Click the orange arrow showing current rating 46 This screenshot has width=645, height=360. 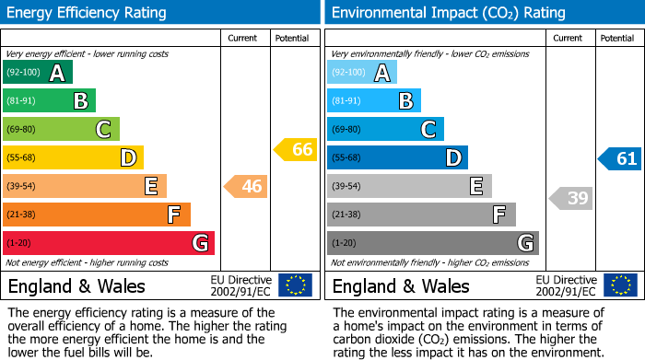[246, 187]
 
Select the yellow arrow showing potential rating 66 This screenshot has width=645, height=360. [296, 149]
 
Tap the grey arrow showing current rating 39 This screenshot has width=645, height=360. [571, 197]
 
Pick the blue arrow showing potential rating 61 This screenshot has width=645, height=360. [620, 159]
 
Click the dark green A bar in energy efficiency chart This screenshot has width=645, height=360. [38, 73]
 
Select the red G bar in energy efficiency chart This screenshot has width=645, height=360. [109, 243]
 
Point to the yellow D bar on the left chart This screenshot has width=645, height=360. [73, 158]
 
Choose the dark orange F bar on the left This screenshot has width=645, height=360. [97, 215]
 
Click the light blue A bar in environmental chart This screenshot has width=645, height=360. [362, 73]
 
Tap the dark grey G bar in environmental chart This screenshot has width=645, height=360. [432, 243]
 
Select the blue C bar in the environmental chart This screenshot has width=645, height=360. [385, 129]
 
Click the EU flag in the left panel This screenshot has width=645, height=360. [295, 285]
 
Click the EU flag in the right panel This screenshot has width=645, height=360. [620, 285]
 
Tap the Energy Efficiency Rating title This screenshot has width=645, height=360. [88, 13]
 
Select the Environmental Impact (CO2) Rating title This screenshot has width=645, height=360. [448, 13]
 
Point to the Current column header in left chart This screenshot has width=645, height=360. [243, 38]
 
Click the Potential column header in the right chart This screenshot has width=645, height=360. [617, 38]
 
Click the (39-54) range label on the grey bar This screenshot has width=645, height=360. [347, 187]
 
